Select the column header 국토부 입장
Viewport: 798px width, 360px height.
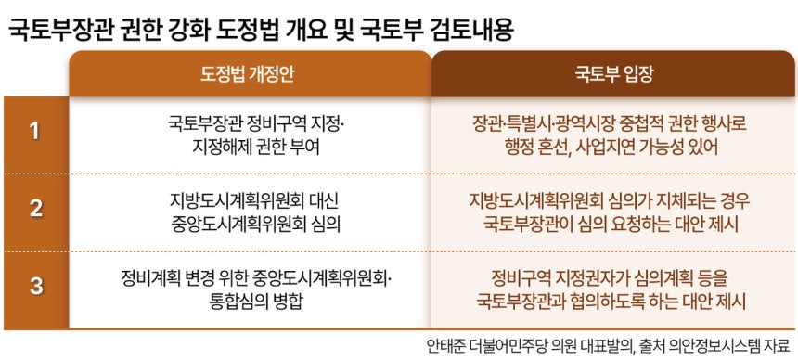pos(613,74)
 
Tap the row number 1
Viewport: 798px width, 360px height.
pos(34,133)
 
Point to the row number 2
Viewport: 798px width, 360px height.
pos(35,210)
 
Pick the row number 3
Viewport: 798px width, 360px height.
pos(35,286)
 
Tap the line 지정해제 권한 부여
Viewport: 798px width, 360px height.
pos(256,148)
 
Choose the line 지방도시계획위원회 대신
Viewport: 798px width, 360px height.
pos(253,200)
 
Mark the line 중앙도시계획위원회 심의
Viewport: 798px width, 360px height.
pos(255,224)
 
